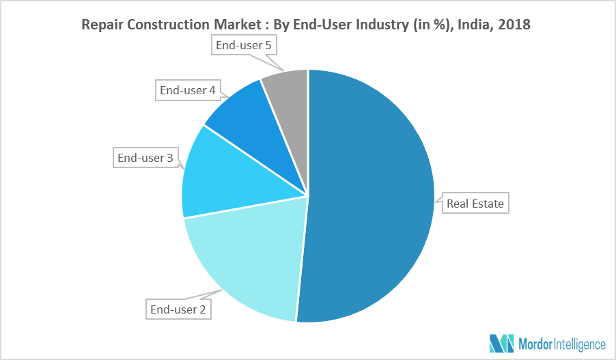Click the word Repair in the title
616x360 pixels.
click(101, 25)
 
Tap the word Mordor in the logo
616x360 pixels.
click(539, 344)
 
